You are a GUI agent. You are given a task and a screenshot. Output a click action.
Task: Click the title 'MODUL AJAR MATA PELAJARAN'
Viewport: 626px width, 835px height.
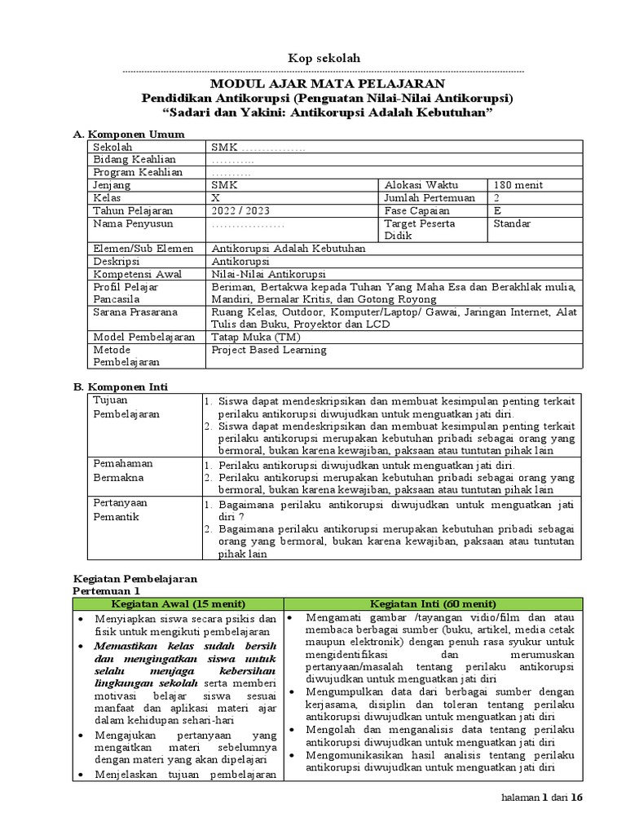[328, 83]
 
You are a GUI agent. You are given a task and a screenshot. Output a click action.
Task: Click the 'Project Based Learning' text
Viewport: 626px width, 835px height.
[268, 350]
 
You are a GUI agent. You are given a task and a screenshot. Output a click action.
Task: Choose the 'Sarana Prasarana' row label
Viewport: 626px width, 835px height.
[133, 311]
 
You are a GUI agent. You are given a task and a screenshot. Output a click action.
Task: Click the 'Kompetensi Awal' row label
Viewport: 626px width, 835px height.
[137, 274]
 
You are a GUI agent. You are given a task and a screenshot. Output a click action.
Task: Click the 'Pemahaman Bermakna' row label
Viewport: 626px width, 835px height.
[123, 469]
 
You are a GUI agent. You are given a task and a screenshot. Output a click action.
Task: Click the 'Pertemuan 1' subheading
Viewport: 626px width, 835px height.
[107, 590]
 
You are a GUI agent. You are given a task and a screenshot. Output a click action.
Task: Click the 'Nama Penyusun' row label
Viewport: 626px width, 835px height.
[131, 223]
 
